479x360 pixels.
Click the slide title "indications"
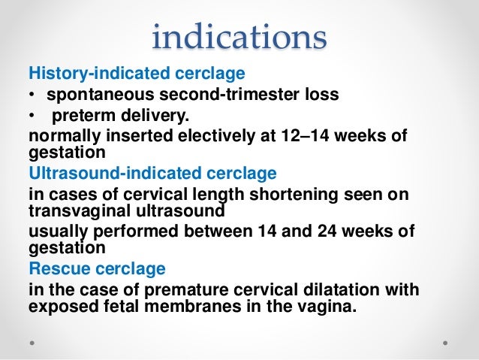239,37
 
